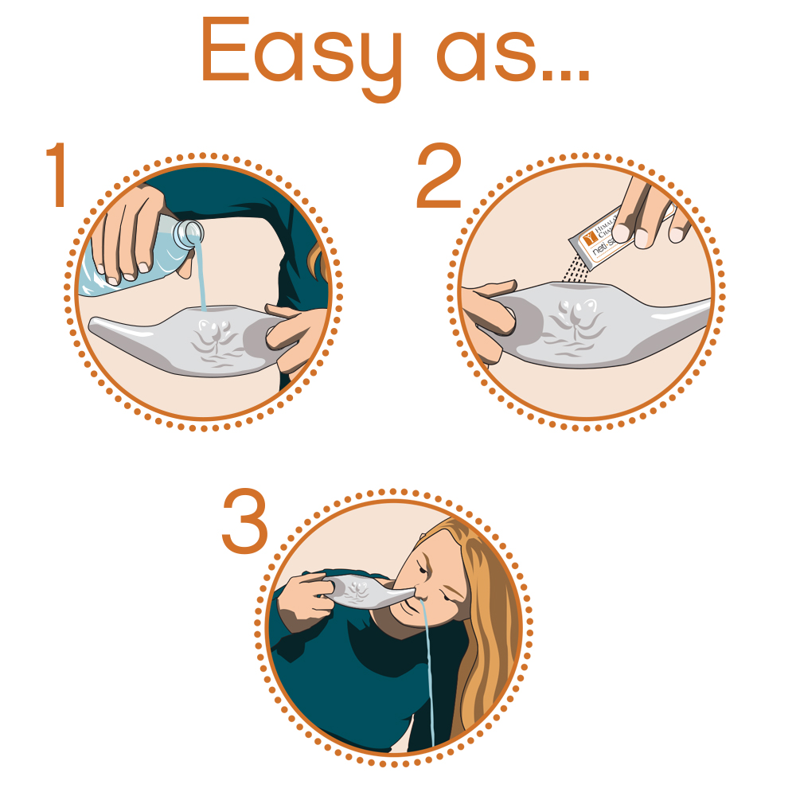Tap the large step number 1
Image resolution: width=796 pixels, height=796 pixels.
click(x=57, y=177)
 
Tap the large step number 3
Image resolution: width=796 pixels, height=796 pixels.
click(x=245, y=521)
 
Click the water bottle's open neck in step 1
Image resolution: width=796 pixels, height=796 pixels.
click(x=190, y=232)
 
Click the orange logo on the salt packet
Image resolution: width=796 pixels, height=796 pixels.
click(x=588, y=236)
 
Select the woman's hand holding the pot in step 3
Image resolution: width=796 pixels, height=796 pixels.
click(x=302, y=593)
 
